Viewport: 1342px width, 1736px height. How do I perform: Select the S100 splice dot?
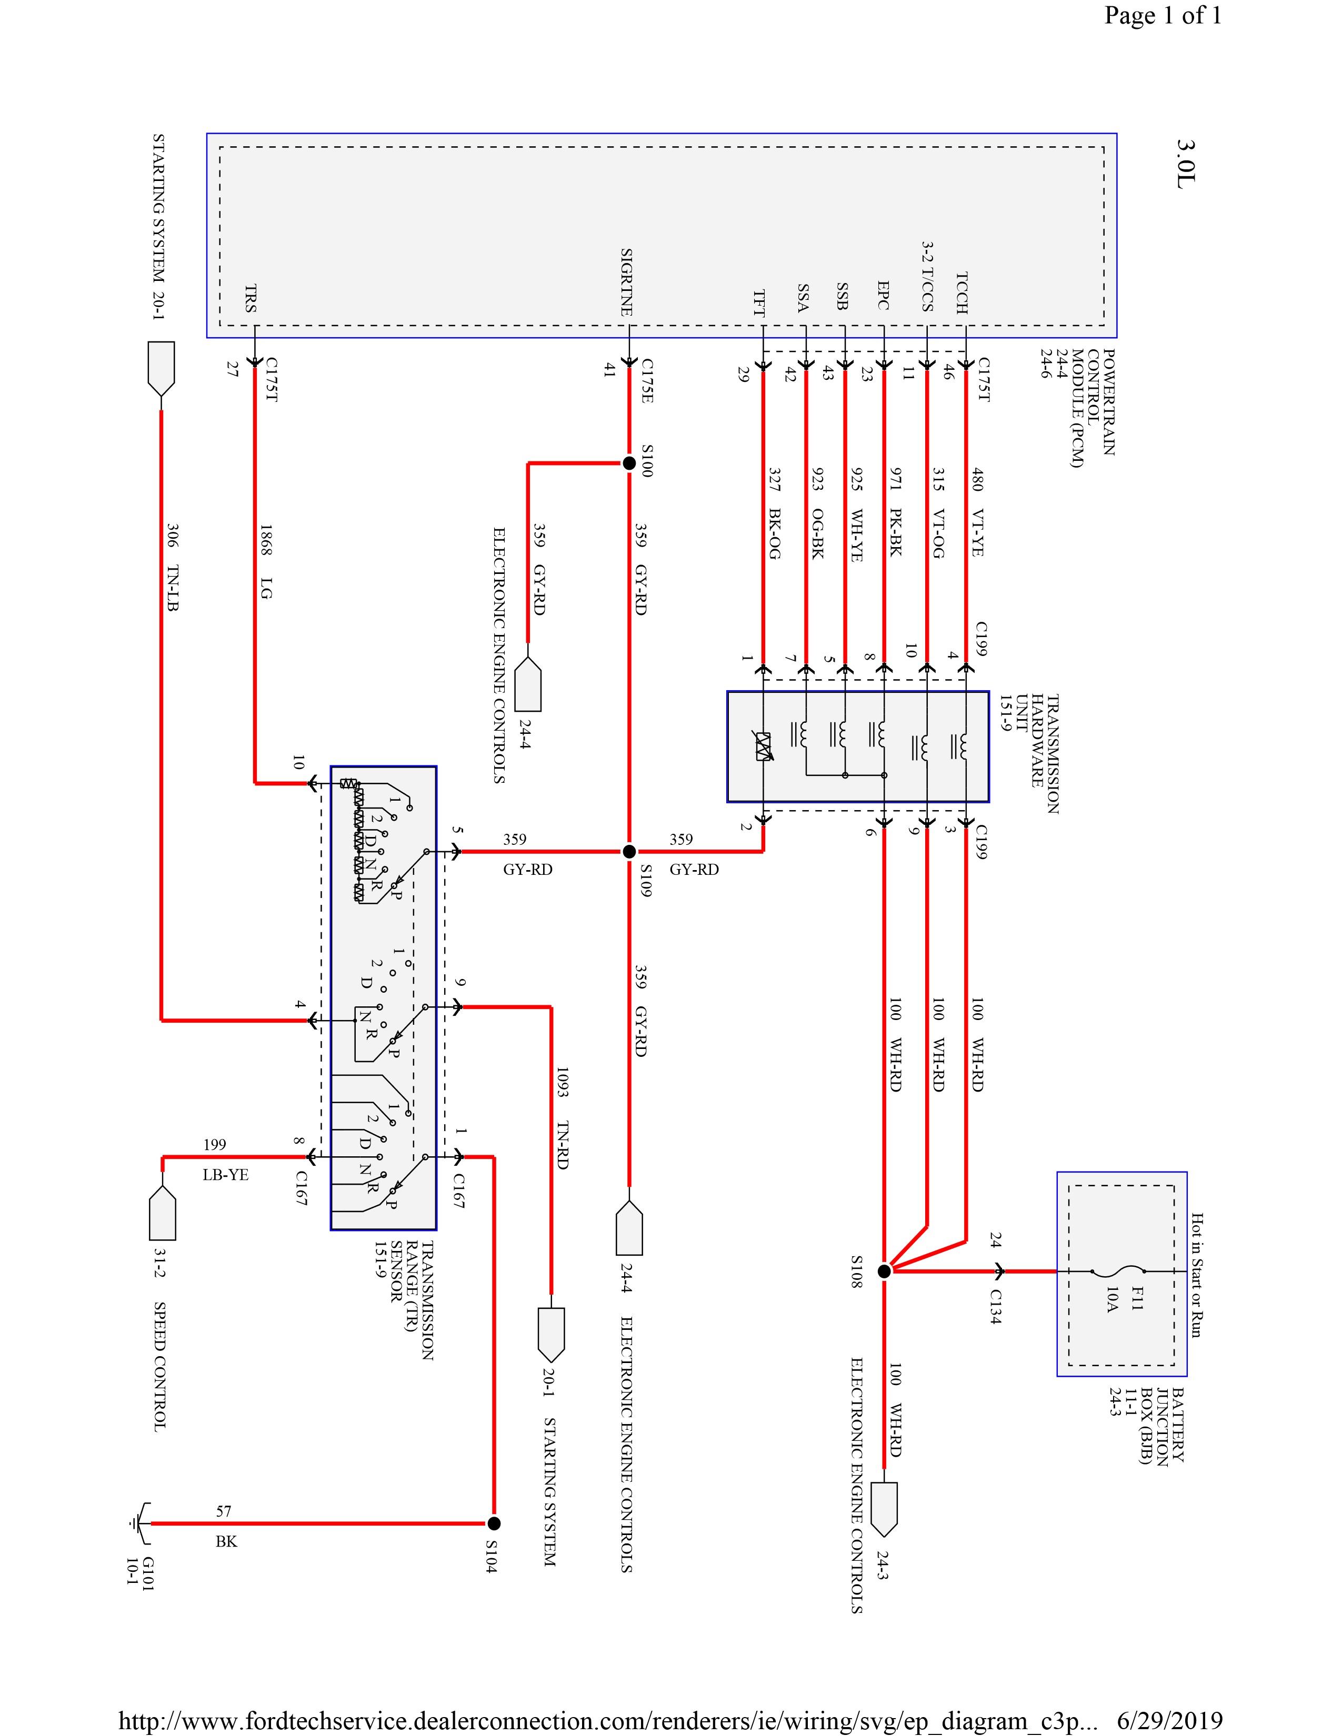coord(628,462)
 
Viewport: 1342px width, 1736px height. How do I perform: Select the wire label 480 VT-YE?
coord(977,511)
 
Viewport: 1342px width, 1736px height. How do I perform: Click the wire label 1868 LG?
coord(266,560)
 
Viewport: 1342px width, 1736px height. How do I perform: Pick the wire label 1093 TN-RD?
coord(562,1117)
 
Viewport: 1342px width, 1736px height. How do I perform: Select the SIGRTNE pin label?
coord(626,282)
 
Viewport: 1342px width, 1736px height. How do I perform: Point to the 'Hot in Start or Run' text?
coord(1197,1275)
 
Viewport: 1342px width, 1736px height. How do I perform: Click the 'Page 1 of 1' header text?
coord(1163,16)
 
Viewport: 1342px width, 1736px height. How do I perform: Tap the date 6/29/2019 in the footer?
coord(1169,1721)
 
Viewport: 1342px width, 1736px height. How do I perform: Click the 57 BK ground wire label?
coord(226,1526)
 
